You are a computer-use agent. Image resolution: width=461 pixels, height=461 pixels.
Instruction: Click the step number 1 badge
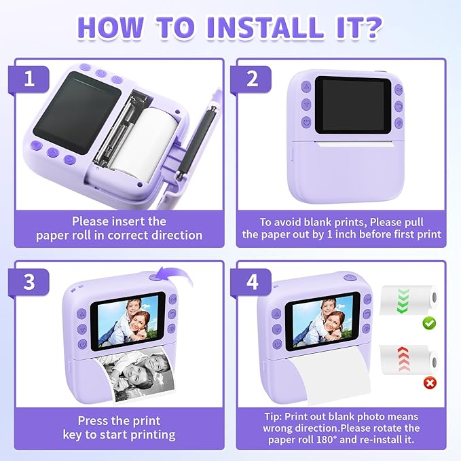pyautogui.click(x=29, y=78)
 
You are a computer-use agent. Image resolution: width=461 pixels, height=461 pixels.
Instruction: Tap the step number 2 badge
pyautogui.click(x=253, y=78)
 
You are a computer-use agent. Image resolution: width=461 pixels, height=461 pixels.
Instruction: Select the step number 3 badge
pyautogui.click(x=29, y=281)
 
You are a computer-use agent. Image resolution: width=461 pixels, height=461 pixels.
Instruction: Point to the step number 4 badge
pyautogui.click(x=253, y=281)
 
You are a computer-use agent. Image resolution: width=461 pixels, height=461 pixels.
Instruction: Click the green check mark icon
pyautogui.click(x=429, y=324)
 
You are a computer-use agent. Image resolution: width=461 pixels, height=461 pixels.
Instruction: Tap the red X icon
pyautogui.click(x=429, y=384)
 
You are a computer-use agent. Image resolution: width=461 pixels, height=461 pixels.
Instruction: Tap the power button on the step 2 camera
pyautogui.click(x=306, y=123)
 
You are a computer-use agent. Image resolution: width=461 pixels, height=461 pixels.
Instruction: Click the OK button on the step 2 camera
pyautogui.click(x=398, y=89)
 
